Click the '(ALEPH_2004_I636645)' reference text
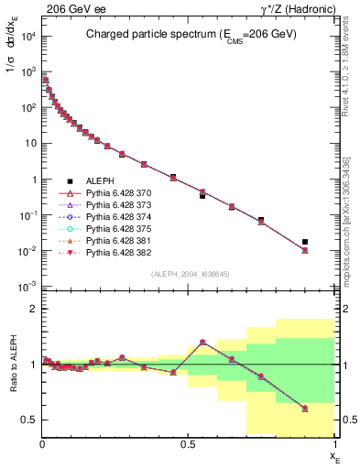(x=189, y=274)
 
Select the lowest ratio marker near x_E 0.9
(x=305, y=409)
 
